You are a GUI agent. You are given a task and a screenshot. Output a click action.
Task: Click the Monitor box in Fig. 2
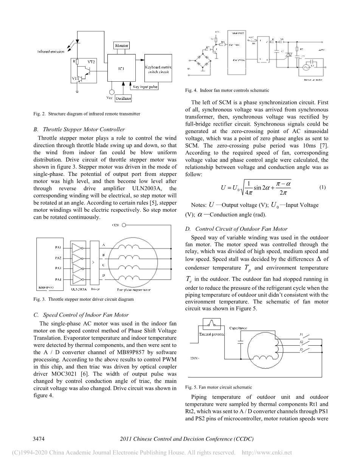pyautogui.click(x=122, y=46)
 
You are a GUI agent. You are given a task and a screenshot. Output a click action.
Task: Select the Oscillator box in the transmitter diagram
pyautogui.click(x=123, y=98)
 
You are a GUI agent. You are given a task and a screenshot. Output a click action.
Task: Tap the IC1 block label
pyautogui.click(x=121, y=68)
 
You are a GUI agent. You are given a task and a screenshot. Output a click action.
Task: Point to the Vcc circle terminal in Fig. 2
pyautogui.click(x=112, y=92)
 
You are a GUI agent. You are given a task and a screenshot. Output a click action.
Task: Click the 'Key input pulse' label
pyautogui.click(x=145, y=87)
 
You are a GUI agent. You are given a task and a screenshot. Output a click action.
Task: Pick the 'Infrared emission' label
pyautogui.click(x=51, y=51)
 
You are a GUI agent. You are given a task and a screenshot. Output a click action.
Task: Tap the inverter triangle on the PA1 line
pyautogui.click(x=77, y=248)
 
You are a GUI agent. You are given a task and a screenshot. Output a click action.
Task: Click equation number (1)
pyautogui.click(x=322, y=188)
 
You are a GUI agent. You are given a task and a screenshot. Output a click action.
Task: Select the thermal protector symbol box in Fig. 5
pyautogui.click(x=212, y=324)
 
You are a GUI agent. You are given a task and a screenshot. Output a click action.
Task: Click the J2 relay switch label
pyautogui.click(x=301, y=342)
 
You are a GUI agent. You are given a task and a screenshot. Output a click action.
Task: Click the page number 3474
pyautogui.click(x=39, y=439)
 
